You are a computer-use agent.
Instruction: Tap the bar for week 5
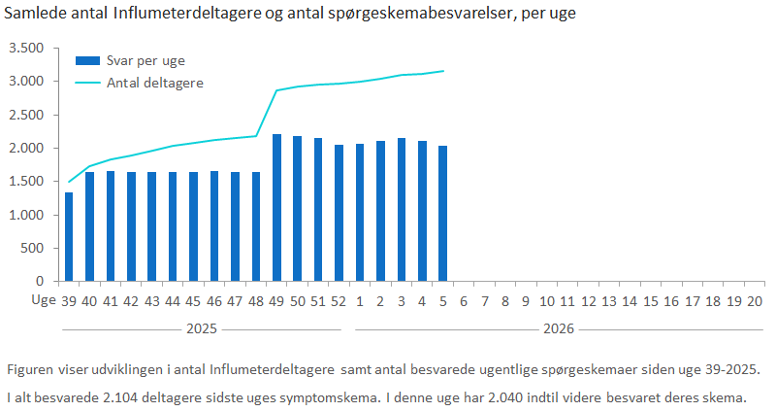pos(443,213)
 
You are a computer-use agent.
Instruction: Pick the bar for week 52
pos(339,213)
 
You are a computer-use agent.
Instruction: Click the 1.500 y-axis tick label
pos(26,182)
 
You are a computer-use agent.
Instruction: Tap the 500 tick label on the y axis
pos(33,248)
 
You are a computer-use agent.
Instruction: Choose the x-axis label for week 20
pos(755,302)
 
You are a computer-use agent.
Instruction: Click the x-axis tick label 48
pos(256,302)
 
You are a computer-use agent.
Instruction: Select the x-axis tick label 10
pos(547,302)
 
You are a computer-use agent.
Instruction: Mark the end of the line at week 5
pos(443,71)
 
